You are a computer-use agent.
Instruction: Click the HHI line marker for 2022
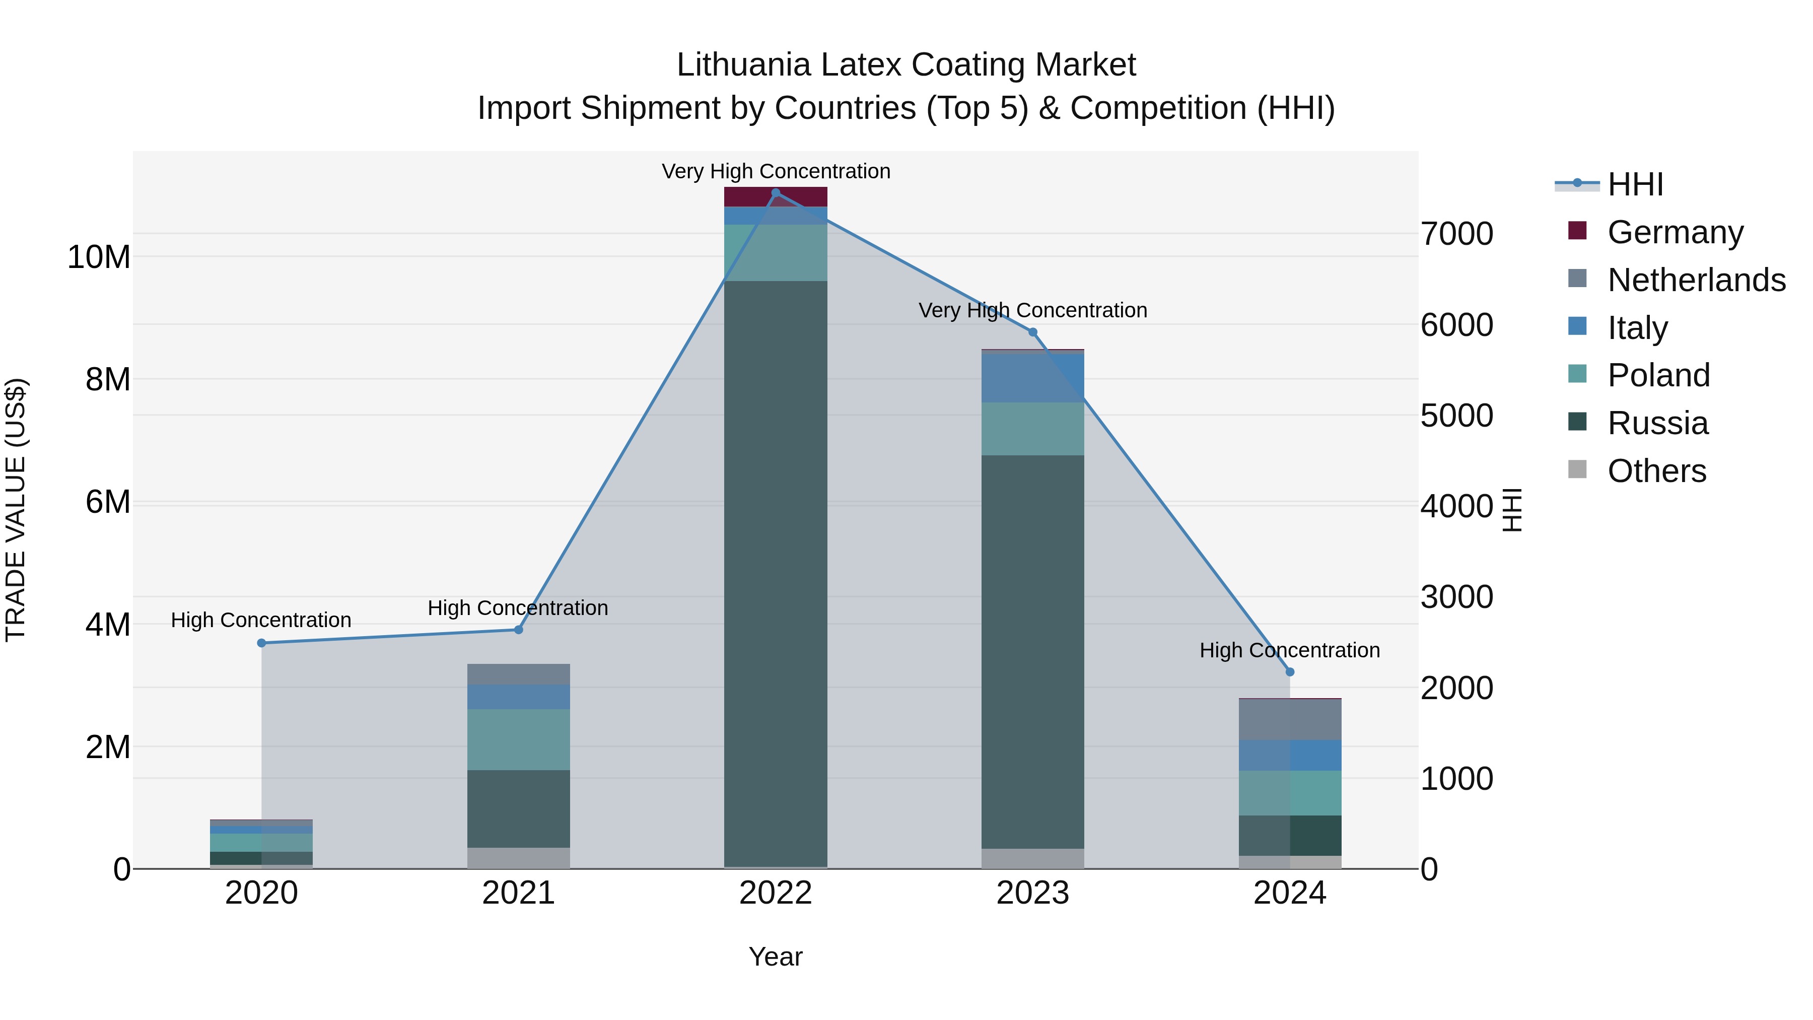[x=776, y=193]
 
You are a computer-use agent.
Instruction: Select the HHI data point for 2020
[x=262, y=643]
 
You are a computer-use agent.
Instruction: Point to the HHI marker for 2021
[x=519, y=629]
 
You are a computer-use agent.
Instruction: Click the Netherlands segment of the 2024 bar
[x=1290, y=719]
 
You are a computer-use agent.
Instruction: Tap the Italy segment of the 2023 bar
[x=1032, y=378]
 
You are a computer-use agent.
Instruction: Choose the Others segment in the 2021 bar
[x=519, y=858]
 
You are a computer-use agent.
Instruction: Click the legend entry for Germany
[x=1675, y=232]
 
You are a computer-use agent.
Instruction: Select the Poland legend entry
[x=1658, y=375]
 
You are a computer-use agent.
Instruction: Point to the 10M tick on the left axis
[x=99, y=257]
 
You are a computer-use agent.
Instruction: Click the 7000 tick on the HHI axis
[x=1456, y=234]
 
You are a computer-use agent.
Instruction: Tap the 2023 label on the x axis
[x=1032, y=893]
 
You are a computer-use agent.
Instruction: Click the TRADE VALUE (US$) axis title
[x=16, y=510]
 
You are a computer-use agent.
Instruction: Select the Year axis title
[x=776, y=957]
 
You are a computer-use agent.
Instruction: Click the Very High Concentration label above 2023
[x=1032, y=310]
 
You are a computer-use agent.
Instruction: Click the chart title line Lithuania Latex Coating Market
[x=906, y=65]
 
